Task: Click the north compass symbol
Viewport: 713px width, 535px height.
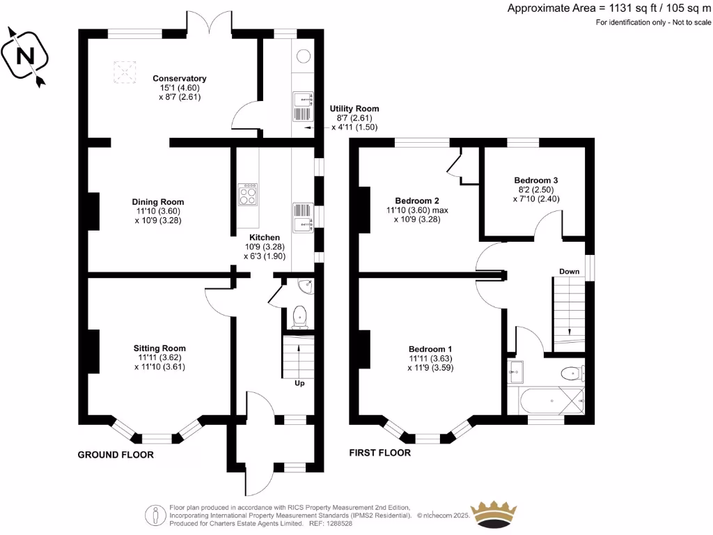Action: (x=25, y=56)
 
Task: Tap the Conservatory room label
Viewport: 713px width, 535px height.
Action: (x=180, y=79)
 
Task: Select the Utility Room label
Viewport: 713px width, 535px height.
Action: (x=354, y=109)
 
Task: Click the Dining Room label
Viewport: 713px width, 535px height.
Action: (x=159, y=202)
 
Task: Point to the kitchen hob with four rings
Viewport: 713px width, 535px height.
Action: (x=247, y=194)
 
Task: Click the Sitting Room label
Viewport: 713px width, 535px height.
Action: (x=160, y=348)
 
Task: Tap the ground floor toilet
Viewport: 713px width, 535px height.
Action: (x=300, y=317)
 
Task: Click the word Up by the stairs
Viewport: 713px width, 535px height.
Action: (x=300, y=383)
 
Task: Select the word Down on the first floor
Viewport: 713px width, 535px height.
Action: (x=569, y=271)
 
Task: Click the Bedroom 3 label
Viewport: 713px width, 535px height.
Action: (x=536, y=180)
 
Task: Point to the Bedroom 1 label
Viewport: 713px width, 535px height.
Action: (x=430, y=349)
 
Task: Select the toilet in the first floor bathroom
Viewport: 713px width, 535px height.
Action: (x=572, y=373)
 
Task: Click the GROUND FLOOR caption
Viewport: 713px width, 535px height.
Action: (x=115, y=455)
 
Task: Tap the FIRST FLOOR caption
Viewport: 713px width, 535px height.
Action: (x=379, y=453)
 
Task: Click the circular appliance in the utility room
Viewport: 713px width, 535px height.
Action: (x=304, y=57)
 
